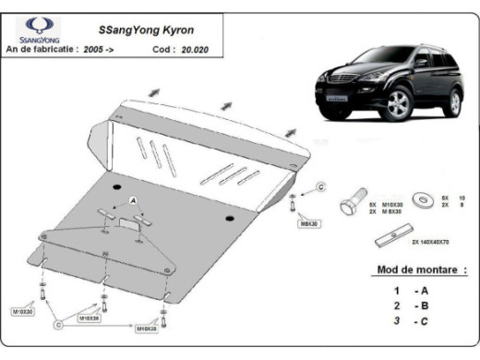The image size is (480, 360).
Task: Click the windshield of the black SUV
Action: click(x=379, y=63)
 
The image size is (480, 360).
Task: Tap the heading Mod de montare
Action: click(x=422, y=270)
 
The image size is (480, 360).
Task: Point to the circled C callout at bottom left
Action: click(x=58, y=324)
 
